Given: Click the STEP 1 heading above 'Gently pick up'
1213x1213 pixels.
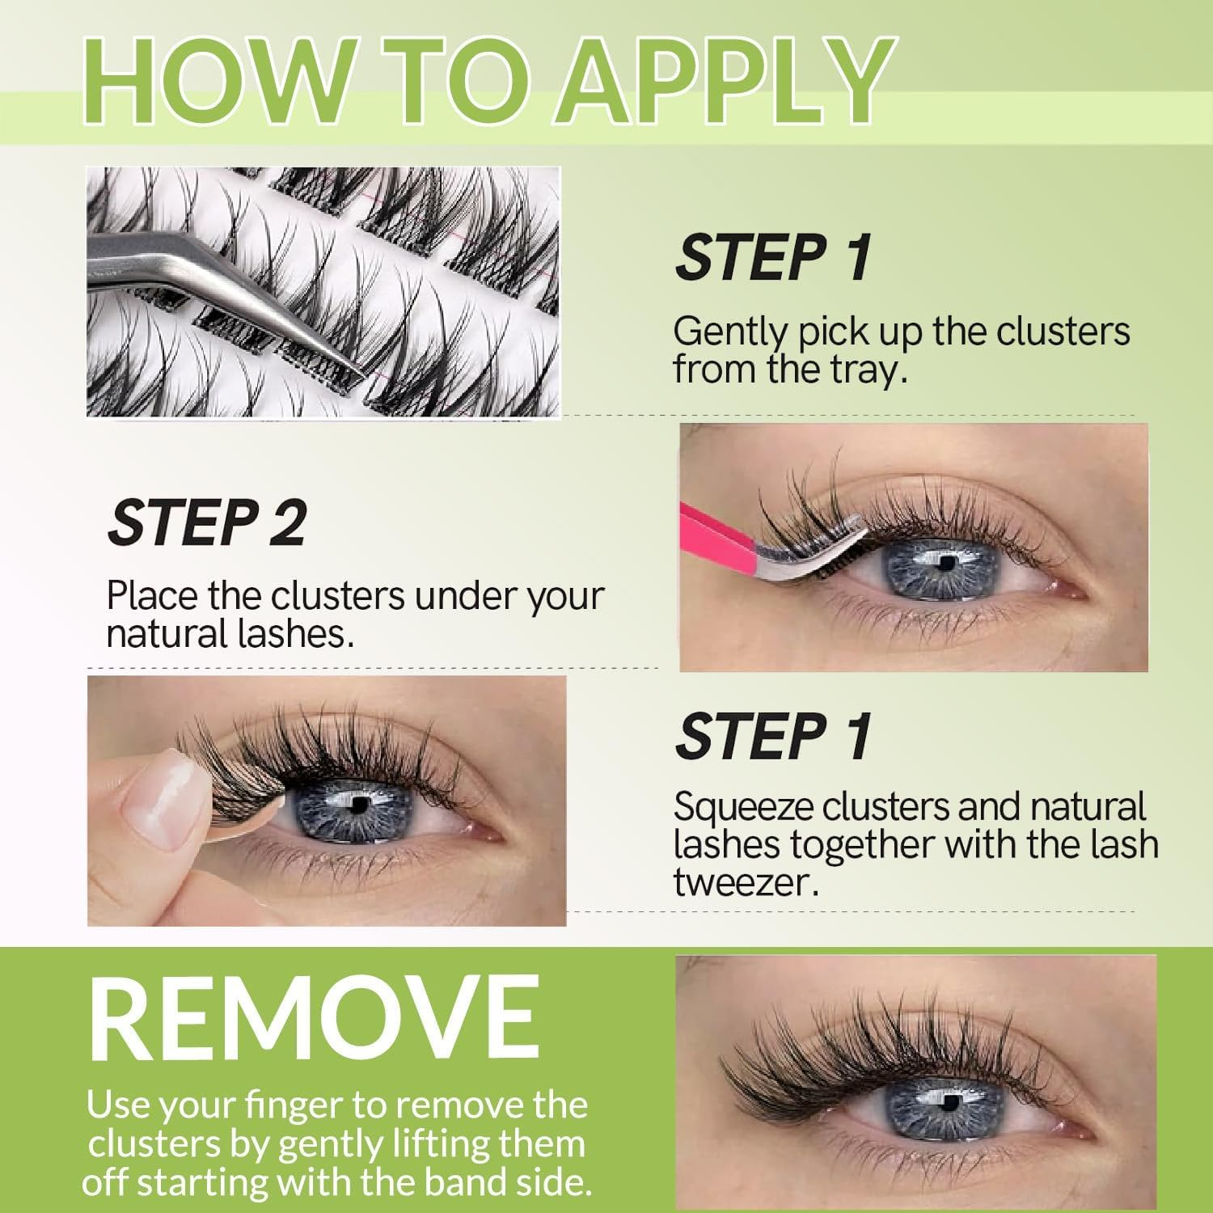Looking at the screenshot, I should coord(773,258).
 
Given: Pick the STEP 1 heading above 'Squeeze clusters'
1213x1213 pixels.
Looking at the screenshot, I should coord(773,737).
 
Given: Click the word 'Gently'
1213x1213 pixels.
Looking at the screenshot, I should coord(730,332).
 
